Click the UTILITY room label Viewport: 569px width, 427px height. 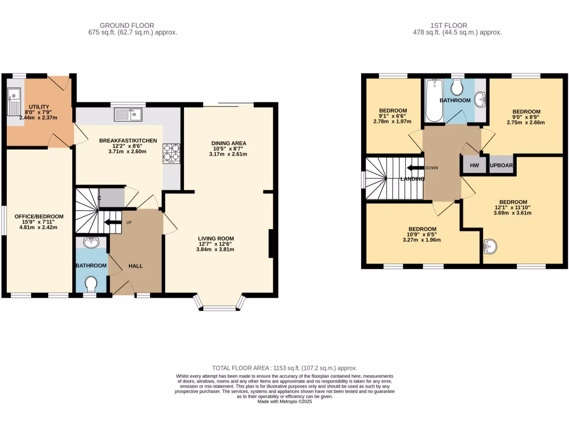click(x=39, y=107)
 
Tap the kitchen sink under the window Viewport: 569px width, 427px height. click(x=128, y=115)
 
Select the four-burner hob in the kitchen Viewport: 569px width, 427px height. click(x=171, y=153)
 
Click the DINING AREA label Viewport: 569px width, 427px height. click(x=228, y=143)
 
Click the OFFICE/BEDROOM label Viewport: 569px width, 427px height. click(x=38, y=216)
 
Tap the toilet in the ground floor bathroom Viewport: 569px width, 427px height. click(x=92, y=284)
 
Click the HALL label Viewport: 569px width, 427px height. click(x=136, y=266)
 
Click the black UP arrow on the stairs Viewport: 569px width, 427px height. click(x=114, y=224)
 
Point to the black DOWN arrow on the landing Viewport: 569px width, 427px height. click(x=415, y=168)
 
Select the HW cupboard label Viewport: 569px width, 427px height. click(x=474, y=165)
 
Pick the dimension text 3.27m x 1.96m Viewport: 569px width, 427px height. click(x=422, y=240)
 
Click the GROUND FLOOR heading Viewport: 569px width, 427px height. click(x=127, y=25)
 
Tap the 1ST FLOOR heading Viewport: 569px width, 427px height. click(x=448, y=25)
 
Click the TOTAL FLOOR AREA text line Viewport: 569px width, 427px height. click(x=284, y=368)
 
